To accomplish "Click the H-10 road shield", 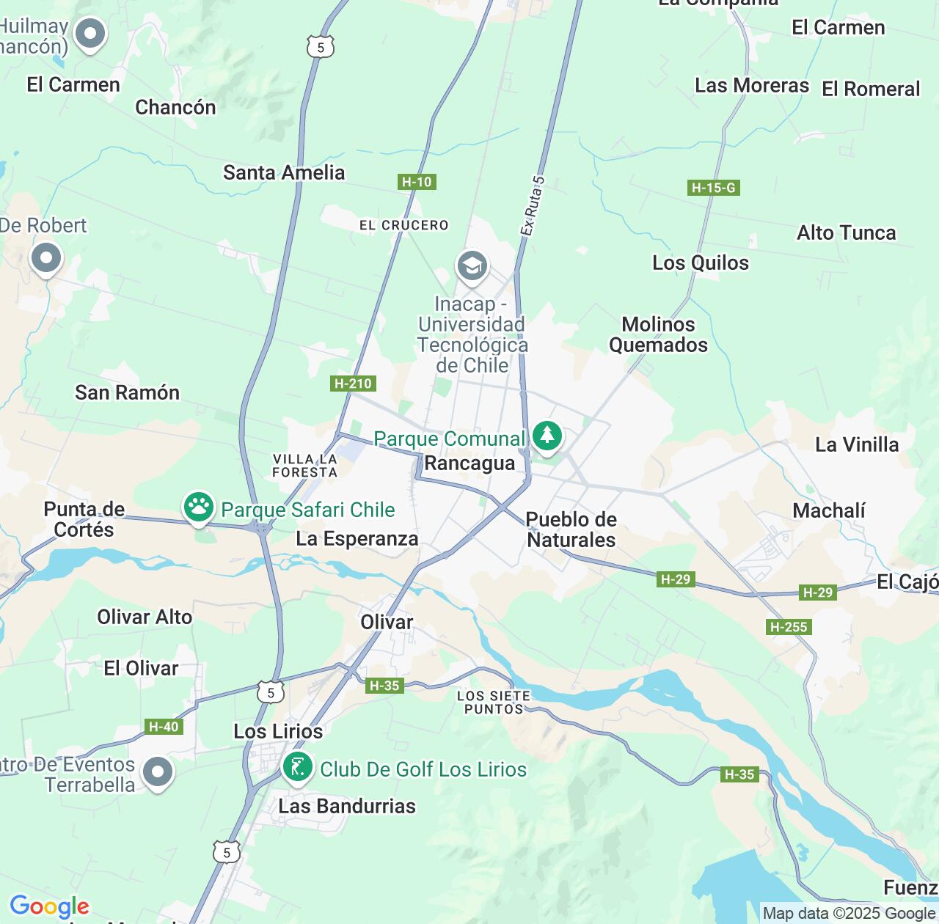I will point(417,182).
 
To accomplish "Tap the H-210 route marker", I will point(353,384).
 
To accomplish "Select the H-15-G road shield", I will point(713,188).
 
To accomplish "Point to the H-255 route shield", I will point(788,627).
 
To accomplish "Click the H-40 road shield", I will point(164,727).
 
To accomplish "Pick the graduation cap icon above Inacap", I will point(472,266).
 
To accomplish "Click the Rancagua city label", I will point(469,463).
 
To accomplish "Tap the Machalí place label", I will point(829,510).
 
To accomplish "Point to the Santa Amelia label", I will point(284,173).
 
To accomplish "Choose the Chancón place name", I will point(175,108).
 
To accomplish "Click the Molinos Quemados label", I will point(658,335).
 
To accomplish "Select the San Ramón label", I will point(127,393).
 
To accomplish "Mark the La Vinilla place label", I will point(857,445).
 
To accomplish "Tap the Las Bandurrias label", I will point(347,807).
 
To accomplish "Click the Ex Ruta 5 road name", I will point(533,206).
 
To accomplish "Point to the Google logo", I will point(49,906).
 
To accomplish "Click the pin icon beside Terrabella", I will point(158,772).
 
